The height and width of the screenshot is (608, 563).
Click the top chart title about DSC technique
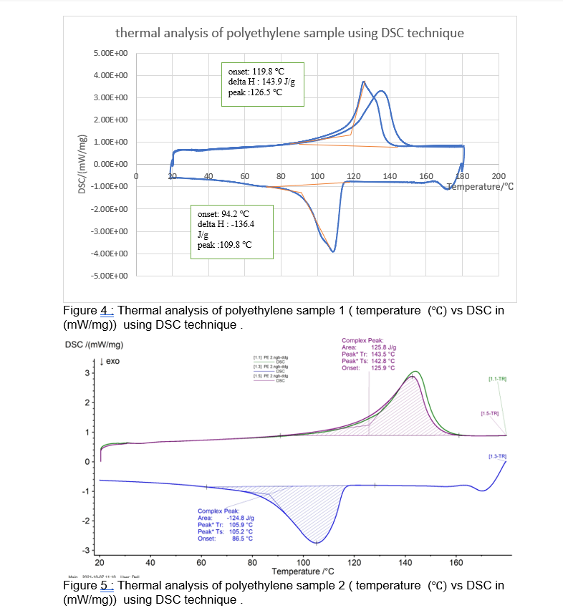click(x=289, y=33)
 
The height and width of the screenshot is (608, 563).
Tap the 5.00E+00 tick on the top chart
click(x=110, y=54)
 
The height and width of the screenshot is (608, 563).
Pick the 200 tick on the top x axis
click(x=499, y=175)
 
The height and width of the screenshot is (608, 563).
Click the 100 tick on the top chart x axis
click(x=317, y=175)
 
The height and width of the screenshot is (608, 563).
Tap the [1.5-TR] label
click(x=489, y=413)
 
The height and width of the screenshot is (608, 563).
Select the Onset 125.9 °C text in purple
click(x=368, y=368)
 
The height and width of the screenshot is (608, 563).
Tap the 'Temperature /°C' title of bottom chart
click(x=303, y=571)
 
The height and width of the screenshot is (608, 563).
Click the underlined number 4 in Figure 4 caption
click(x=104, y=310)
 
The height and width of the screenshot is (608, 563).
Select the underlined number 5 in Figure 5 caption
click(x=104, y=585)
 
